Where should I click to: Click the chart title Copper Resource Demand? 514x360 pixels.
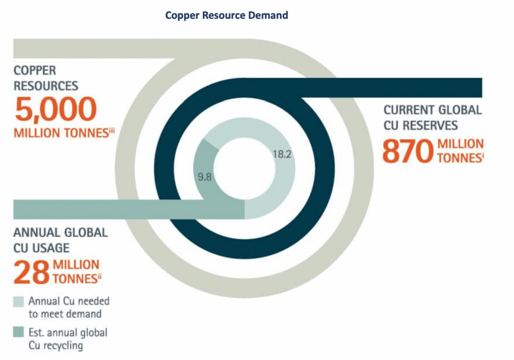226,16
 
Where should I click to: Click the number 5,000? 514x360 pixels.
55,109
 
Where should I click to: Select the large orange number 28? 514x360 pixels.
32,272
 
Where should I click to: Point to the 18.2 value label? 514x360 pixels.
282,154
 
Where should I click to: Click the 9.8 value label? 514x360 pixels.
205,177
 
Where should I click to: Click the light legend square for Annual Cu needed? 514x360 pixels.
19,302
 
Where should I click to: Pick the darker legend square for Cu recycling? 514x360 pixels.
19,332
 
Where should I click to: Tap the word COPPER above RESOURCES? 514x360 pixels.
35,70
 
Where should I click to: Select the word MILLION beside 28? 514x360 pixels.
76,265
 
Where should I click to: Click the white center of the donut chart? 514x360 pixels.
244,168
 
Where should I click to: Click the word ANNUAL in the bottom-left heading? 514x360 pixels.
34,233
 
